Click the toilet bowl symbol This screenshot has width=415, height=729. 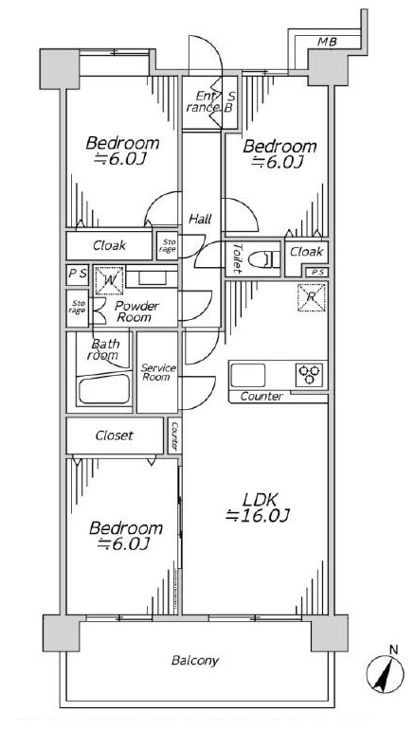point(263,259)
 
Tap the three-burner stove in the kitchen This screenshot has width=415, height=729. point(309,375)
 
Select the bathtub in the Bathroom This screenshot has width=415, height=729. point(104,389)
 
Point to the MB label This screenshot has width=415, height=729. point(328,43)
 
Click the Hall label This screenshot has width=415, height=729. point(200,219)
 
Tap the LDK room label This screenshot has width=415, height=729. point(261,500)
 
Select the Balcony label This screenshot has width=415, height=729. point(195,661)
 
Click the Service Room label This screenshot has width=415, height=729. point(158,372)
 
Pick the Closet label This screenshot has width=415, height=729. point(115,436)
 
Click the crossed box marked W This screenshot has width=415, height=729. point(109,280)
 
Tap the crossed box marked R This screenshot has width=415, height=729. point(312,296)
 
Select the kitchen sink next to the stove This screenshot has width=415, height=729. point(248,375)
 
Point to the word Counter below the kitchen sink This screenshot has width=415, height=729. point(262,397)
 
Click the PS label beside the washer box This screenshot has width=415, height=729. point(78,274)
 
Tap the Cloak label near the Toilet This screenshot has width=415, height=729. point(307,252)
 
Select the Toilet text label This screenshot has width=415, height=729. point(237,258)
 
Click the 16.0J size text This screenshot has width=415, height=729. point(259,516)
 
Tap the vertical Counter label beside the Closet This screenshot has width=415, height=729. point(174,437)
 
